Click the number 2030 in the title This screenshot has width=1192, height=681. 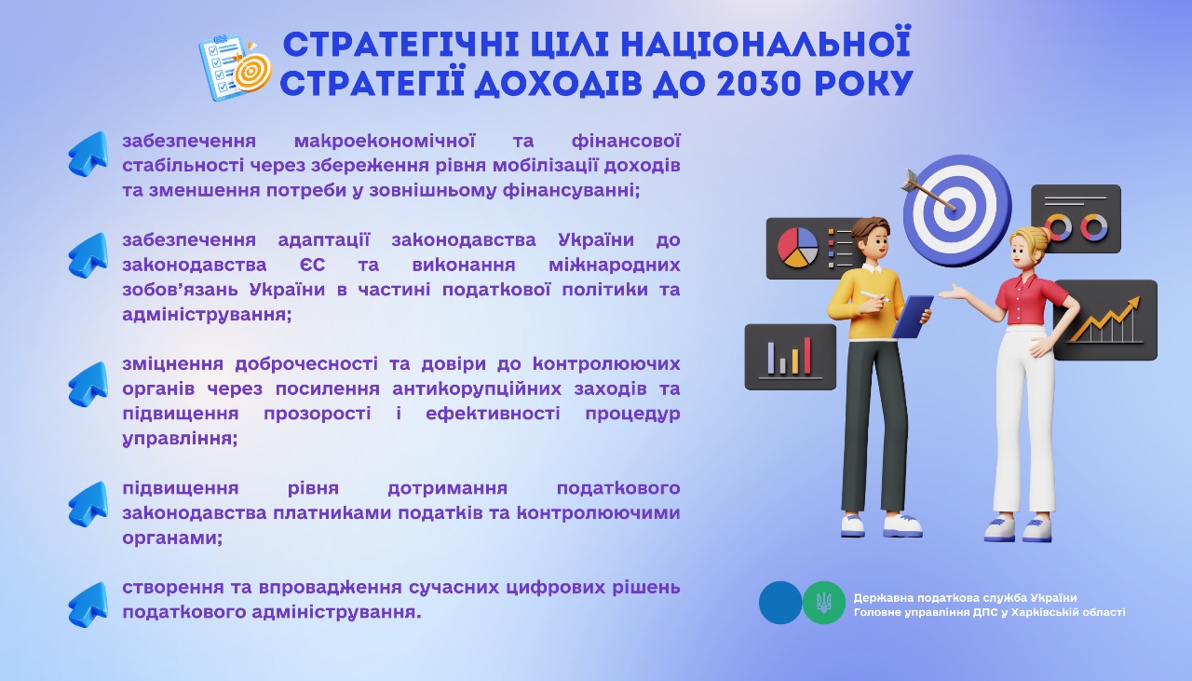[x=758, y=83]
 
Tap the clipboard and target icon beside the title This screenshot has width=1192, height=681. [x=236, y=68]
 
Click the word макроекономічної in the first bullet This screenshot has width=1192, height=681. [x=385, y=141]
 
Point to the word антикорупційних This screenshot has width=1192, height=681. [x=477, y=389]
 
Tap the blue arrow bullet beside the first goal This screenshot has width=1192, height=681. [x=88, y=154]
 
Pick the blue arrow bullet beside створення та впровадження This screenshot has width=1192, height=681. [x=88, y=605]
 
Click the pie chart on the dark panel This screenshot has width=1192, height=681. [x=796, y=247]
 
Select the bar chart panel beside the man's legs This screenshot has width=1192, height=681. [x=791, y=357]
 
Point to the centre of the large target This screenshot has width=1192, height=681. [x=955, y=207]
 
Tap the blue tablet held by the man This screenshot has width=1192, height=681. [x=913, y=316]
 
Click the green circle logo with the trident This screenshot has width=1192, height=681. [x=824, y=603]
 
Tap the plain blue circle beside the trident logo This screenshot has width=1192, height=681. [x=780, y=603]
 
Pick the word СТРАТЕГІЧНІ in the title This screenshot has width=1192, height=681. [x=401, y=44]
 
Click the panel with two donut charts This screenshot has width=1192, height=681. [x=1076, y=219]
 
